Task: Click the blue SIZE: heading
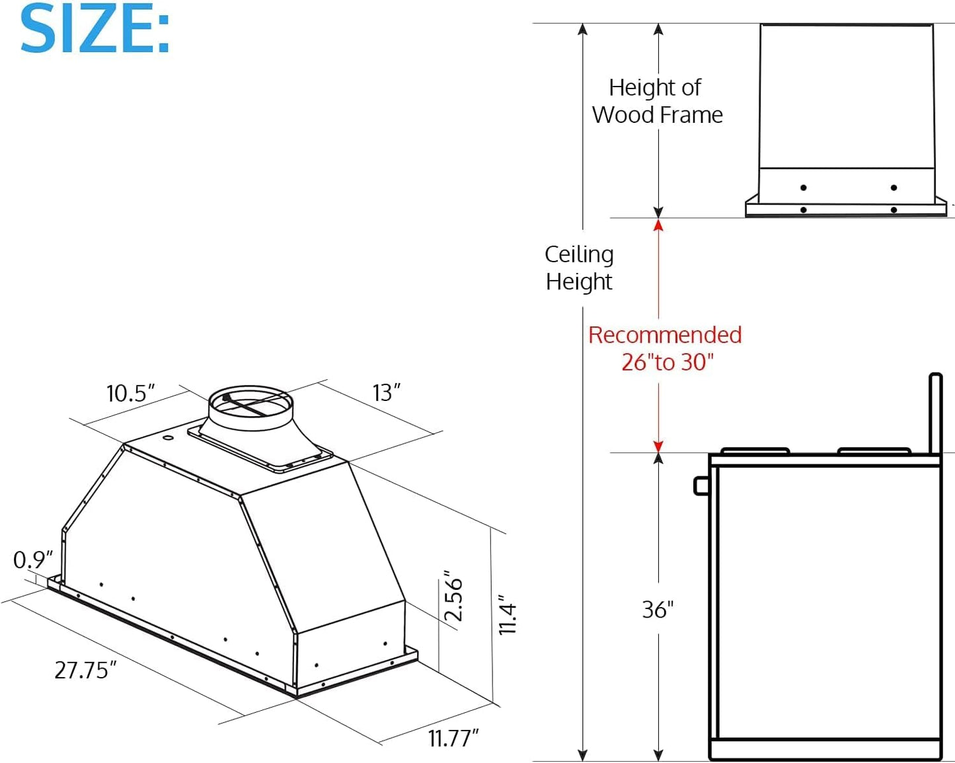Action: coord(95,30)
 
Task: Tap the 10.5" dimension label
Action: coord(130,393)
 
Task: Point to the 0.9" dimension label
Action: coord(32,560)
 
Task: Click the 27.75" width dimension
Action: coord(85,670)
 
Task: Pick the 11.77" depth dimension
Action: coord(453,738)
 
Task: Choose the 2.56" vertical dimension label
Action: coord(453,597)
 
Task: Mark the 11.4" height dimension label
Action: coord(507,615)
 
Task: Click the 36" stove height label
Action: coord(658,609)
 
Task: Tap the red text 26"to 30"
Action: coord(668,362)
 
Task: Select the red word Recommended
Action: coord(665,335)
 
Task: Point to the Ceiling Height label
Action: coord(579,268)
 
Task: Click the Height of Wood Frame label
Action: coord(657,101)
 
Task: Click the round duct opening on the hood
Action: coord(250,404)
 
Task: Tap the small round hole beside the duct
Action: coord(168,438)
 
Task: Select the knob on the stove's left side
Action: coord(701,486)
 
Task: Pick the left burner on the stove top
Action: coord(755,451)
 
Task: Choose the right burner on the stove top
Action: coord(874,451)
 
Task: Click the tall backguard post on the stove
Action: coord(935,413)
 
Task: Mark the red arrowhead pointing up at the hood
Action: coord(658,225)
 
